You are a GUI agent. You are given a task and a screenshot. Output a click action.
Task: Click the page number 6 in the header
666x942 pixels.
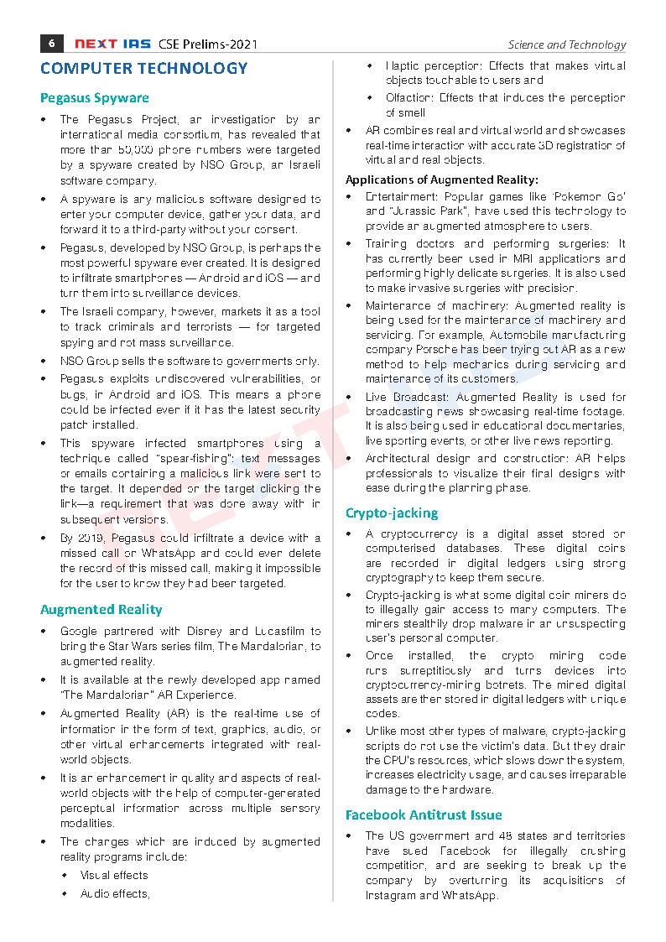(51, 44)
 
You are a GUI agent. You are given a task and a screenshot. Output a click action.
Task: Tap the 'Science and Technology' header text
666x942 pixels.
(566, 44)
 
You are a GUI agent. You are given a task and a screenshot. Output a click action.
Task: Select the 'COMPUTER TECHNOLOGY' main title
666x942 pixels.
(144, 68)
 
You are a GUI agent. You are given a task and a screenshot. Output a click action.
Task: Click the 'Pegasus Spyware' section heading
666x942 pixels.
(95, 98)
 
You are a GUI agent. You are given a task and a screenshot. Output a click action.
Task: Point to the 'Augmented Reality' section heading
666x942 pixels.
(101, 610)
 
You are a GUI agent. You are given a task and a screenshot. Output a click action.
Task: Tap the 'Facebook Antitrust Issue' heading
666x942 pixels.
(424, 814)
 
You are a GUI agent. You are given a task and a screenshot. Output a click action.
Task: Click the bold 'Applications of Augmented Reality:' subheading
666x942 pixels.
(442, 180)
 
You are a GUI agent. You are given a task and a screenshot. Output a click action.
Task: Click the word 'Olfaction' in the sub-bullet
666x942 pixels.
(409, 98)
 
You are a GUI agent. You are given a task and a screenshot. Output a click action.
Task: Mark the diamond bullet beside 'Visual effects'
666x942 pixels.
(65, 875)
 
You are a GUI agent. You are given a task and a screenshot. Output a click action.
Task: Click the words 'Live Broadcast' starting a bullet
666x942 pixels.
(399, 398)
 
